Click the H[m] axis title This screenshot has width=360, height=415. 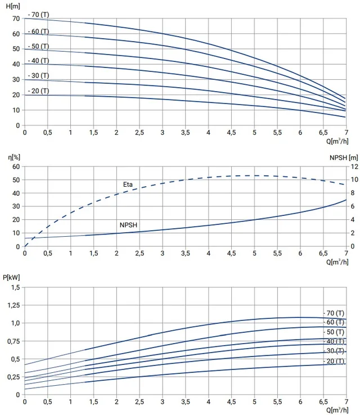click(13, 6)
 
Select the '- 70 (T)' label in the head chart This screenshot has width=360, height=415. click(39, 15)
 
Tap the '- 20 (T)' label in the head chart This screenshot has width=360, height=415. click(39, 91)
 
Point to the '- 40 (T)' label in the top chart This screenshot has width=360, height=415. click(39, 61)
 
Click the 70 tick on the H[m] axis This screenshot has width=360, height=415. click(16, 19)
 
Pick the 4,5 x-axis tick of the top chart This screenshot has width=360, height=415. click(231, 132)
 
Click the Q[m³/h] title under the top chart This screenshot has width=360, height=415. click(337, 141)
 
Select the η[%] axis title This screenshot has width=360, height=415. click(14, 157)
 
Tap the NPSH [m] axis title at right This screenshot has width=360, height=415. click(344, 158)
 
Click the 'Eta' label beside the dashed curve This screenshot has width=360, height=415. click(128, 184)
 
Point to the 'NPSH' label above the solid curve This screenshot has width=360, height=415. click(128, 225)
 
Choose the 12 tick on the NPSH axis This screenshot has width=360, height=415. click(354, 166)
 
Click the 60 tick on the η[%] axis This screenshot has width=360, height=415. click(16, 166)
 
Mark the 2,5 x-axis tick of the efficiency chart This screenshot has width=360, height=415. click(139, 253)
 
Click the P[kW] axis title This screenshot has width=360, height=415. click(11, 277)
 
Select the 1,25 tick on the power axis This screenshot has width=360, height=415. click(13, 305)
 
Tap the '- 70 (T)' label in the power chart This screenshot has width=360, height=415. click(334, 313)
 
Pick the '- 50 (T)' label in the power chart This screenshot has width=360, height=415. click(334, 332)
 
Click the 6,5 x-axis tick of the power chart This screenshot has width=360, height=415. click(323, 402)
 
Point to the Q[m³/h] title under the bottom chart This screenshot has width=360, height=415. click(337, 410)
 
